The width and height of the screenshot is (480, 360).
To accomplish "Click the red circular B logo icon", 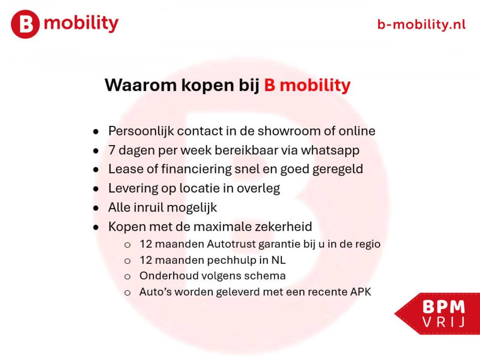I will [x=25, y=24].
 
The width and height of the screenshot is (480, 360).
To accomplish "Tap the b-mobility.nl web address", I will [x=421, y=25].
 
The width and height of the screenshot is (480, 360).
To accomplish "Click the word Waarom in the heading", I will [x=140, y=85].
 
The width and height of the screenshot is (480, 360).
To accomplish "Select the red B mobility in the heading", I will [x=307, y=85].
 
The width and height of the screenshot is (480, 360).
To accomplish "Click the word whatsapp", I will [x=330, y=150].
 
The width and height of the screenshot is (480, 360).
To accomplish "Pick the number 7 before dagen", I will [x=112, y=150].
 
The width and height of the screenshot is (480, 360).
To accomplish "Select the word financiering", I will [x=196, y=169].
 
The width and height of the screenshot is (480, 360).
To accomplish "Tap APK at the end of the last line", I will [x=360, y=292].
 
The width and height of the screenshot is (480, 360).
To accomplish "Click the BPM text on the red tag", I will [x=444, y=307].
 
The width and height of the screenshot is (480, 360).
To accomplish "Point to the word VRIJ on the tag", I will [x=444, y=322].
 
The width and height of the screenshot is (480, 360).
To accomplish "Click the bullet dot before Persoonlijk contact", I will [x=96, y=132].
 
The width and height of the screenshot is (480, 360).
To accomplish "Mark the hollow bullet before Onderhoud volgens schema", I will [x=127, y=277].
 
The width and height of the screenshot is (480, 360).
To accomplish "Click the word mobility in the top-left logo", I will [x=81, y=23].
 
